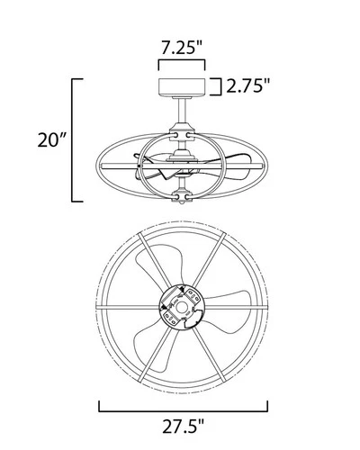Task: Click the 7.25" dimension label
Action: click(x=181, y=45)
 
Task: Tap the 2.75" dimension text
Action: click(x=247, y=86)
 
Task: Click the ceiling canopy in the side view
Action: click(x=181, y=87)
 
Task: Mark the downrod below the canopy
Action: click(x=181, y=115)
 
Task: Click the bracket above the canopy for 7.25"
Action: click(x=181, y=64)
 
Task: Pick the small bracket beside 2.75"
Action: click(x=217, y=86)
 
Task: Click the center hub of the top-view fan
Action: click(x=181, y=311)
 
